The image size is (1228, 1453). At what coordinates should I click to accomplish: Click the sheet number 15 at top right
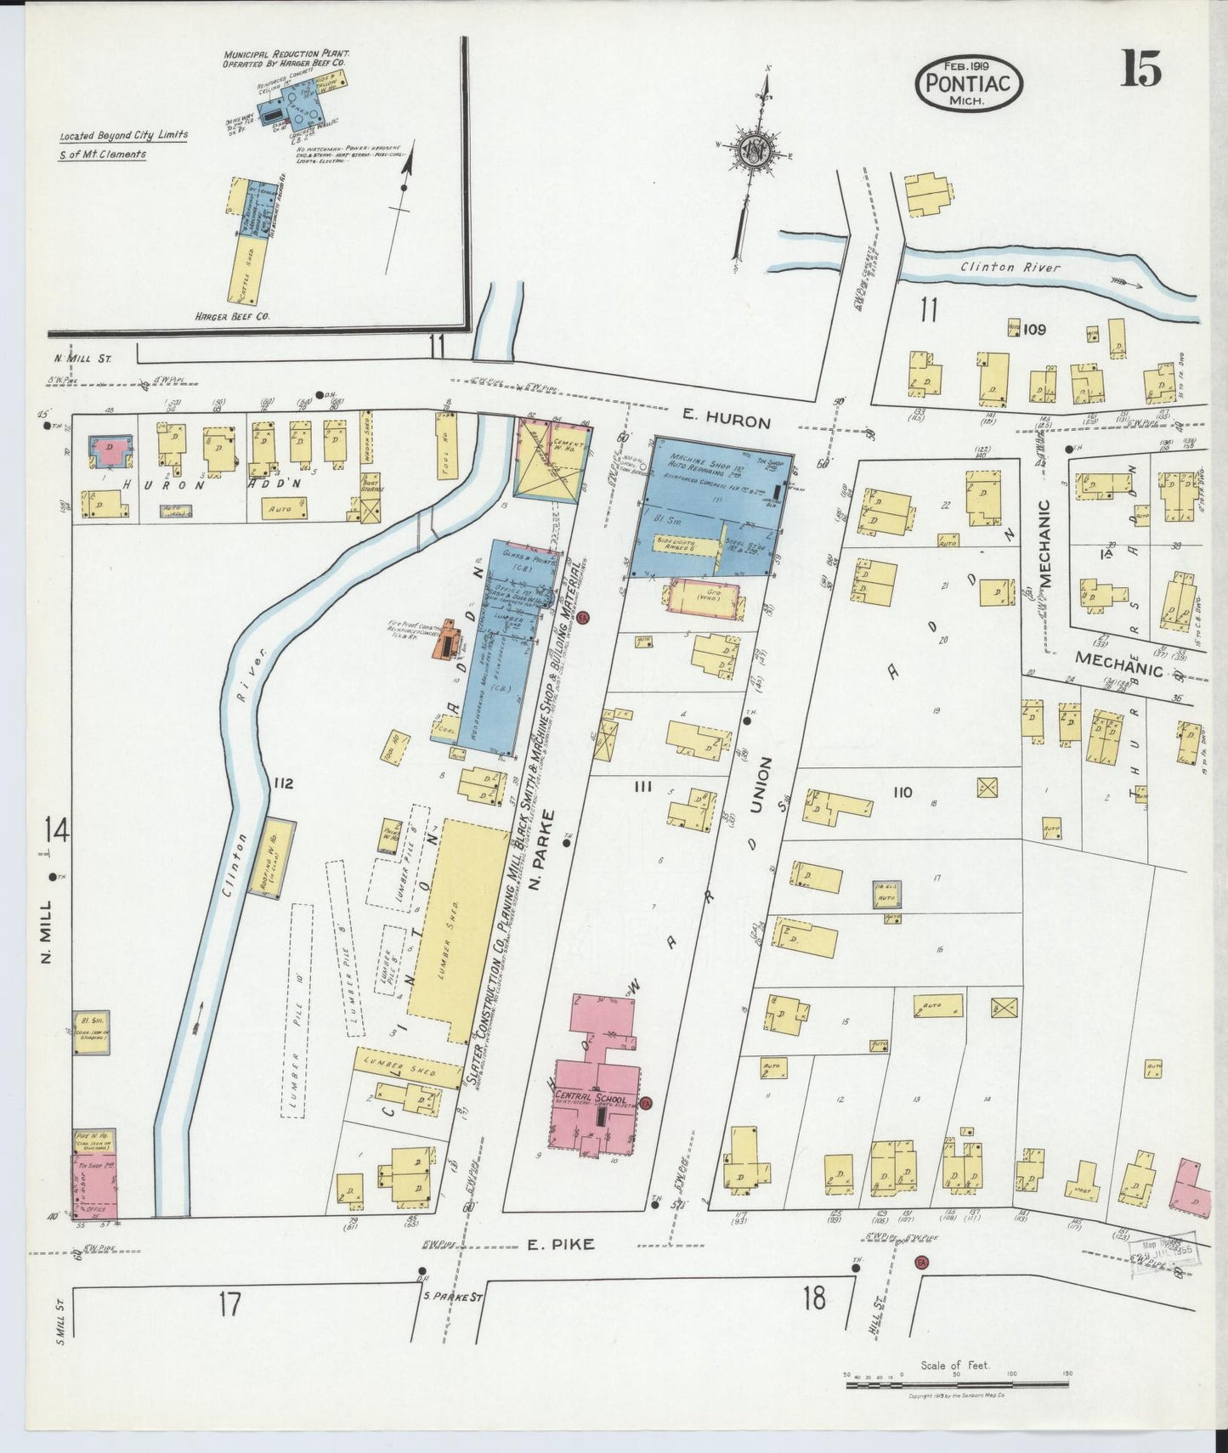[1139, 68]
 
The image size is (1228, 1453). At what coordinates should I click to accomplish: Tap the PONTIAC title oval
[969, 84]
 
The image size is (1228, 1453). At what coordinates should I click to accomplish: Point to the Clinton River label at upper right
[1010, 268]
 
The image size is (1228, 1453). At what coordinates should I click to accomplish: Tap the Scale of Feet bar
[956, 1385]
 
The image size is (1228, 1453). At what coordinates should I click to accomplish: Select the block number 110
[902, 792]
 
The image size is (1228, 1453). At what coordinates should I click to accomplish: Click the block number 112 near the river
[283, 783]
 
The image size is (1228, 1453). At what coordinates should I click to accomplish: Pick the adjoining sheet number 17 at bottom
[229, 1302]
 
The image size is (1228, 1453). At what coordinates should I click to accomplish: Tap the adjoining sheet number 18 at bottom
[813, 1298]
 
